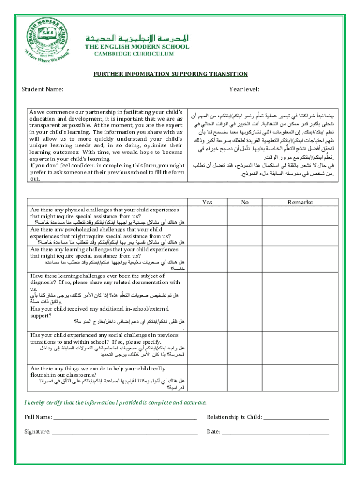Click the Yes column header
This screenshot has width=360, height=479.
tap(207, 203)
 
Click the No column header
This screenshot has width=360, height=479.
tap(245, 203)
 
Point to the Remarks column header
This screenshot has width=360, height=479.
tap(300, 203)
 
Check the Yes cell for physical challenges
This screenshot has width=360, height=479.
tap(207, 217)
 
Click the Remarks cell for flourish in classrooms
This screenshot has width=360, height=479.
tap(300, 378)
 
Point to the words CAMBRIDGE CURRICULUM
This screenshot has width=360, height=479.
tap(128, 54)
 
